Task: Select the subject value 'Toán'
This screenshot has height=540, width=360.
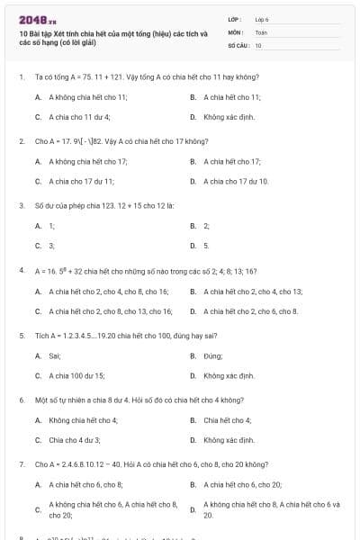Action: [x=261, y=31]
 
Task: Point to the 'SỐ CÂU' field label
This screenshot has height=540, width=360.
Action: [x=238, y=44]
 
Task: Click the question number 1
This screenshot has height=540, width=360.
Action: [x=21, y=77]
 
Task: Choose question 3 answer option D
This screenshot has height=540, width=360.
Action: [x=206, y=245]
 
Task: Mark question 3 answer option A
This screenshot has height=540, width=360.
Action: [x=51, y=225]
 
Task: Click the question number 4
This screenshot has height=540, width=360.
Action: [x=21, y=270]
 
